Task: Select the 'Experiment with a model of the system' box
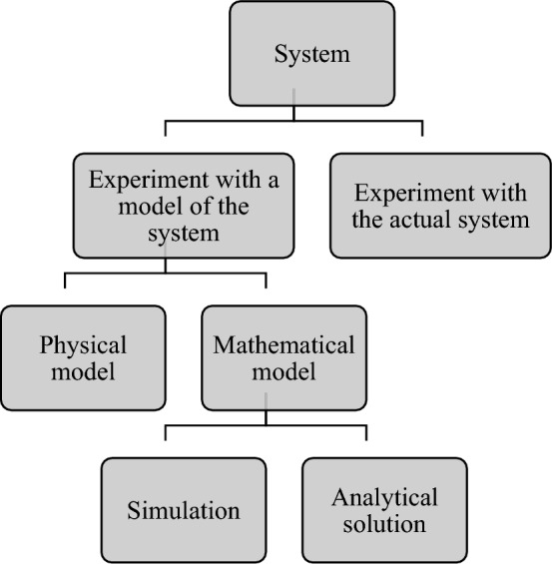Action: pyautogui.click(x=184, y=206)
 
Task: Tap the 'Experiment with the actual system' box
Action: pyautogui.click(x=440, y=205)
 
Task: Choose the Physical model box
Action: pyautogui.click(x=83, y=358)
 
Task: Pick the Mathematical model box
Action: pyautogui.click(x=283, y=358)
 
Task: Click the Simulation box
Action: pyautogui.click(x=183, y=509)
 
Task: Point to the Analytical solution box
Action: pyautogui.click(x=384, y=509)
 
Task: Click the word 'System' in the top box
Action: pyautogui.click(x=312, y=53)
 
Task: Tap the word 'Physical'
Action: pyautogui.click(x=83, y=346)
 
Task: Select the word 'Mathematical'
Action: pyautogui.click(x=284, y=346)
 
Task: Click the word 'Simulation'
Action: pyautogui.click(x=183, y=511)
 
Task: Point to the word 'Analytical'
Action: pyautogui.click(x=384, y=497)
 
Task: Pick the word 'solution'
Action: pyautogui.click(x=384, y=523)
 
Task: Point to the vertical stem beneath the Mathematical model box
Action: pyautogui.click(x=266, y=415)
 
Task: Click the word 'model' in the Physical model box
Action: pyautogui.click(x=83, y=372)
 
